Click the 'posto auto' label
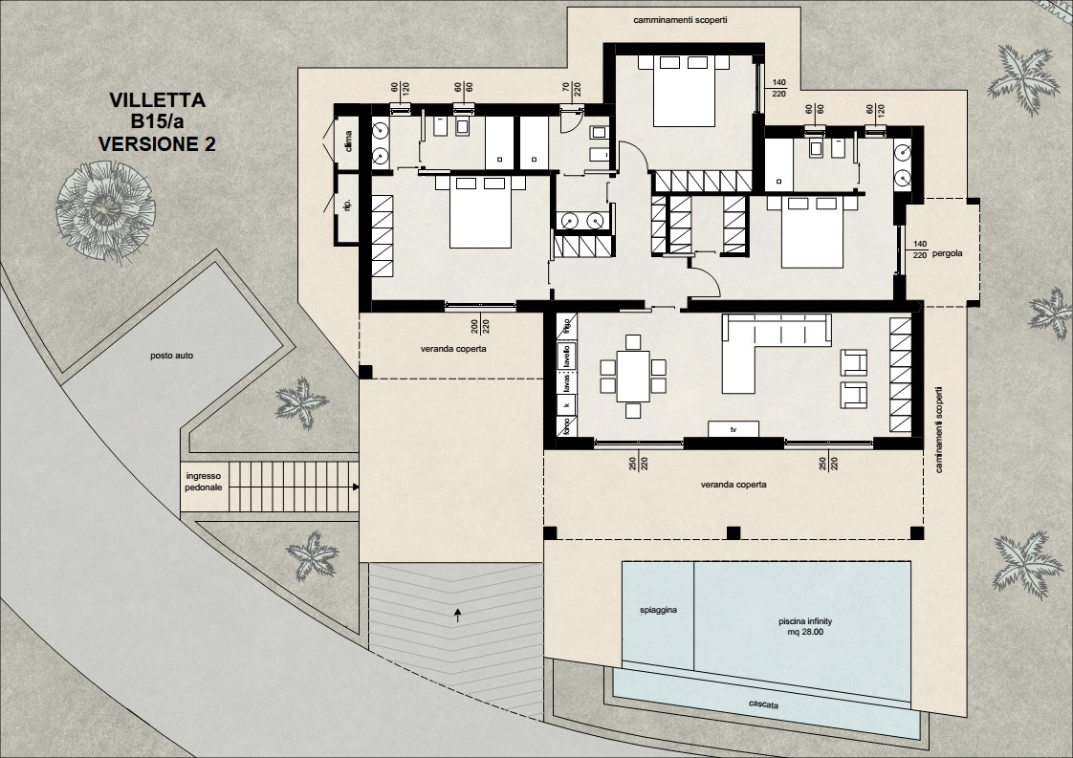[172, 356]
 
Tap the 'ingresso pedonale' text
[203, 481]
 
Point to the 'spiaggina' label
[658, 609]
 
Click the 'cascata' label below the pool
[763, 705]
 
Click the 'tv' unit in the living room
[734, 429]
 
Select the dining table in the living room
[632, 376]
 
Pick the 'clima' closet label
[348, 141]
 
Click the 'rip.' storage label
[347, 204]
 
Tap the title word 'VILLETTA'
[157, 99]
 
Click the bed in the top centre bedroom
[685, 90]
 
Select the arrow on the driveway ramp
[458, 615]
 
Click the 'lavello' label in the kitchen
[566, 357]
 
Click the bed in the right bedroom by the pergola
[813, 231]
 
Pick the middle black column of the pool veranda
[734, 532]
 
